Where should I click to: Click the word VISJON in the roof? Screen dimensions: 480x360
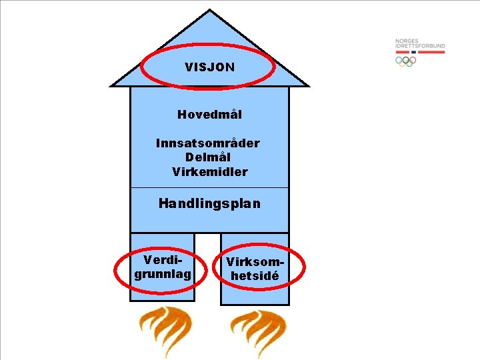click(209, 67)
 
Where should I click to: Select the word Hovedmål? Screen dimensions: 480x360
click(209, 115)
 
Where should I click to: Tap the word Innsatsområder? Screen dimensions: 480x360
click(208, 143)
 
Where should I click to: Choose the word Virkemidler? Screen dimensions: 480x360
click(209, 172)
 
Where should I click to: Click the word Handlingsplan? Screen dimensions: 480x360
click(209, 203)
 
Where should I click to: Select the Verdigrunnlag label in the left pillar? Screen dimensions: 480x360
click(163, 267)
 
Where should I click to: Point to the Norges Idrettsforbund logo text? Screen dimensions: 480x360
click(419, 43)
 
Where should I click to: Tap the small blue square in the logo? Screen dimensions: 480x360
click(414, 51)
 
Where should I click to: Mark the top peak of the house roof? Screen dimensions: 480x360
click(209, 11)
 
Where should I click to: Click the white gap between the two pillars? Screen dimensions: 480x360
click(207, 267)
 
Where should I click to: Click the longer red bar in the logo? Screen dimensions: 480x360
click(431, 51)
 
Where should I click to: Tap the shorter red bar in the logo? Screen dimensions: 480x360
click(403, 51)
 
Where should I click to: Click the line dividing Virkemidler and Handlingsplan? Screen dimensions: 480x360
click(209, 187)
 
